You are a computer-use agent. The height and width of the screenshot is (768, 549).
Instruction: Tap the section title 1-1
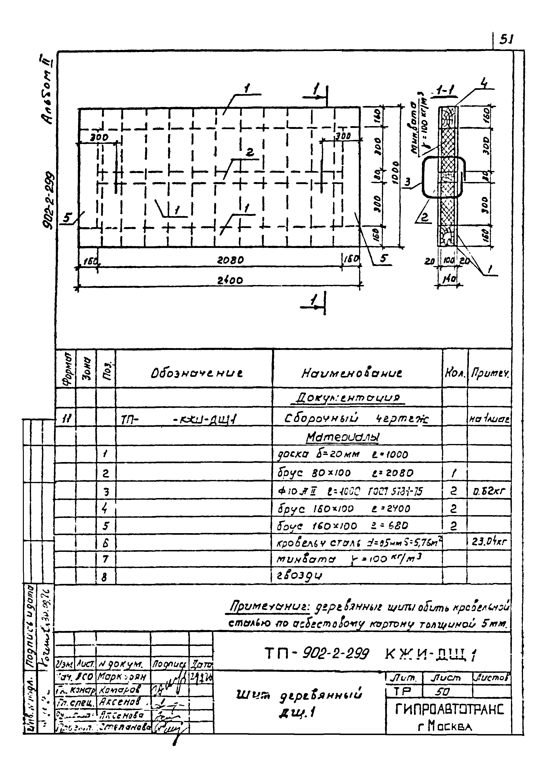(445, 91)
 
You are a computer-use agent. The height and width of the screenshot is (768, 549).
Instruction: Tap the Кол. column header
(455, 373)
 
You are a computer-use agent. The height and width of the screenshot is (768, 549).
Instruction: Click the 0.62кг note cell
(489, 491)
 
